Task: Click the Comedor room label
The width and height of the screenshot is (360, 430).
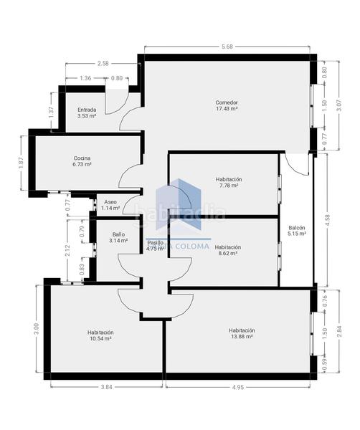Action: click(x=227, y=105)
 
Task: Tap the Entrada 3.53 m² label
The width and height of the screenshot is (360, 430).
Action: click(x=87, y=113)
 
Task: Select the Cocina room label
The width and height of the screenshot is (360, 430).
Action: click(x=82, y=161)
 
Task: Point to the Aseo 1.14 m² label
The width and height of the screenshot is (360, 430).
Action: click(x=110, y=205)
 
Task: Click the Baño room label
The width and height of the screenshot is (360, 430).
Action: click(x=118, y=237)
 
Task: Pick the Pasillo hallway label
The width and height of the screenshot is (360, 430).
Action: click(x=156, y=246)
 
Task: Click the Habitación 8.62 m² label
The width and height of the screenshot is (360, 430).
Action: click(x=228, y=250)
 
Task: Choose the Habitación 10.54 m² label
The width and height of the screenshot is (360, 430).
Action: click(x=100, y=335)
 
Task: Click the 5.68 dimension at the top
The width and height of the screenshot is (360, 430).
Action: click(x=227, y=48)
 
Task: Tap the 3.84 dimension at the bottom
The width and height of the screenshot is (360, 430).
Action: click(x=107, y=387)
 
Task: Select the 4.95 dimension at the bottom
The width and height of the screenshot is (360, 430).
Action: click(x=238, y=387)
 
